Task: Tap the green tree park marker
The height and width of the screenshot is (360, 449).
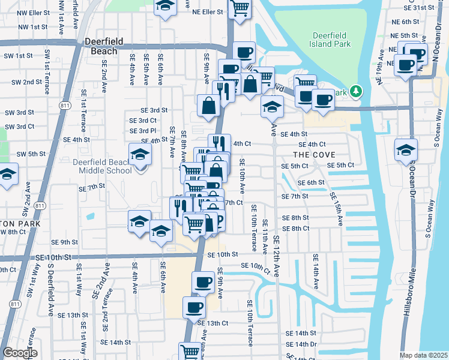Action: pos(356,91)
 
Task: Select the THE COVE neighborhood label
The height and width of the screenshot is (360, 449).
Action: pos(310,154)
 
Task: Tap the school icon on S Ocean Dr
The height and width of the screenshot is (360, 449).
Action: pos(406,149)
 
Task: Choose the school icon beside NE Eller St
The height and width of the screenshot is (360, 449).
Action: pos(164,7)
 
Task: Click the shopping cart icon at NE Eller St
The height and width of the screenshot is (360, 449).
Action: pos(240,8)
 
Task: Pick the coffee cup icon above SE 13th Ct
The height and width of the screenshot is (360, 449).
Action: pos(193,308)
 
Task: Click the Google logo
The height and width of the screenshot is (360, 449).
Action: pos(20,353)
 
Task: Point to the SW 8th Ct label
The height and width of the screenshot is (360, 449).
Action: pos(13,231)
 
